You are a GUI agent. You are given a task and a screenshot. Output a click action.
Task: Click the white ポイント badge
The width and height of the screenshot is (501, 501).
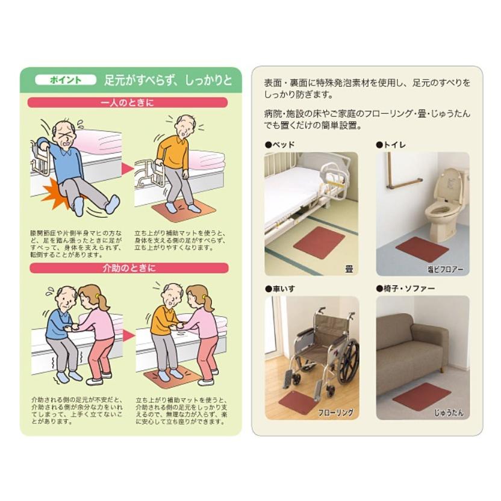point(66,79)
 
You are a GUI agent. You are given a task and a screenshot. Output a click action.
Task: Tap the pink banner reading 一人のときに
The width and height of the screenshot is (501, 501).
point(129,102)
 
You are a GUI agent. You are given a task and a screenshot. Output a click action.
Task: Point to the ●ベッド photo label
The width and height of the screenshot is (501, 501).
point(280,145)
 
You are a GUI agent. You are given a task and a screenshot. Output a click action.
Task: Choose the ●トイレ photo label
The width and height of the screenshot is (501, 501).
point(391,145)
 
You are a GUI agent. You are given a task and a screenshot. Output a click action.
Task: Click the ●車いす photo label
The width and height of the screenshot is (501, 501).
point(280,288)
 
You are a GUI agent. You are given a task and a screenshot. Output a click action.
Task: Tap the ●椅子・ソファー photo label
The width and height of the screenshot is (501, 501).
point(405,288)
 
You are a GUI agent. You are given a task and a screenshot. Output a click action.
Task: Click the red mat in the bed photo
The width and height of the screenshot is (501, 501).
point(319,243)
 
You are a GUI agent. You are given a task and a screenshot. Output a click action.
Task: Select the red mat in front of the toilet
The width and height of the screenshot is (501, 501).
point(422,249)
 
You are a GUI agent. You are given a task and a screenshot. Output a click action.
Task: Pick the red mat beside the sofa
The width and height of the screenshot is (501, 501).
point(422,396)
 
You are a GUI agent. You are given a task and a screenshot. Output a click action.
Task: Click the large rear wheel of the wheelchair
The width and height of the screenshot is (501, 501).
point(347,361)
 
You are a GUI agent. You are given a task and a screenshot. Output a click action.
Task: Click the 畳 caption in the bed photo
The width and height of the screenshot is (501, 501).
point(349,269)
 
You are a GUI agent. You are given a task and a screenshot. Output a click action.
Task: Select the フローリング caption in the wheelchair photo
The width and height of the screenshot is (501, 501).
point(335,413)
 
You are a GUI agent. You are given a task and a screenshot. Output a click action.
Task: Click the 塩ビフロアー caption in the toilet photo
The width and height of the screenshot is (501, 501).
point(446,269)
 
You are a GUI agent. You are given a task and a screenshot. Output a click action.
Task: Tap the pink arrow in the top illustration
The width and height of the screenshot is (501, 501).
point(128,169)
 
